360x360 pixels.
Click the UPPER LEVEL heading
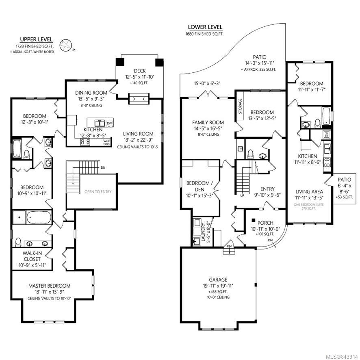pyautogui.click(x=36, y=39)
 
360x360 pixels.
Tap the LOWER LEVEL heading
pyautogui.click(x=205, y=27)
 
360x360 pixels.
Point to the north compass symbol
pyautogui.click(x=66, y=45)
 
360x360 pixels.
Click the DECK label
pyautogui.click(x=140, y=71)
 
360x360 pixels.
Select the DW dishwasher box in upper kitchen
pyautogui.click(x=110, y=123)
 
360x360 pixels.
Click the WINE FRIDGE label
pyautogui.click(x=107, y=143)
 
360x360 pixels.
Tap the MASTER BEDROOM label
pyautogui.click(x=49, y=286)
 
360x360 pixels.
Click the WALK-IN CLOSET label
pyautogui.click(x=32, y=256)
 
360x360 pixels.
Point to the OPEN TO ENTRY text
pyautogui.click(x=98, y=191)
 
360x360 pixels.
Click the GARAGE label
pyautogui.click(x=218, y=280)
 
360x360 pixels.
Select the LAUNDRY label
pyautogui.click(x=203, y=232)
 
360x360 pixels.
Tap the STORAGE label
pyautogui.click(x=240, y=106)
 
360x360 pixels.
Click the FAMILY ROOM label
pyautogui.click(x=208, y=122)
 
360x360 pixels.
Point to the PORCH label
pyautogui.click(x=265, y=223)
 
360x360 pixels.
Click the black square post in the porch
pyautogui.click(x=254, y=220)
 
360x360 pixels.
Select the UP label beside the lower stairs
pyautogui.click(x=242, y=196)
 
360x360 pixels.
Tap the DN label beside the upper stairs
pyautogui.click(x=103, y=167)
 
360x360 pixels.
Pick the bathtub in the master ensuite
pyautogui.click(x=39, y=217)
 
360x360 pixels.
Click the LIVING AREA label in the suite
pyautogui.click(x=309, y=191)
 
